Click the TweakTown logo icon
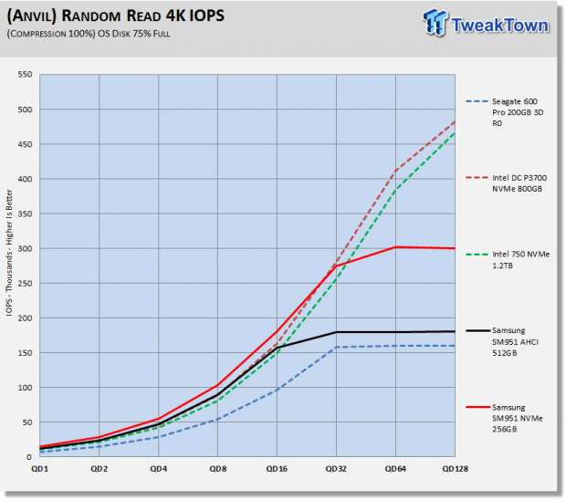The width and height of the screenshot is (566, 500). pos(435,23)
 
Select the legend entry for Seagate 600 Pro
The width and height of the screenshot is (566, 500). pos(505,112)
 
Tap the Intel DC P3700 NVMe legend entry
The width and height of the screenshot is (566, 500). pos(507,183)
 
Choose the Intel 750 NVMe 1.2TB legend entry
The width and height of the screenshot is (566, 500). pos(508,260)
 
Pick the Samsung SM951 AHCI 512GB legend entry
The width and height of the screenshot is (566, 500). pos(502,341)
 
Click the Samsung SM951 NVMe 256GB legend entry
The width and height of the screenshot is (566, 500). pos(504,418)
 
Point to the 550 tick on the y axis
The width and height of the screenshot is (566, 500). pos(25,74)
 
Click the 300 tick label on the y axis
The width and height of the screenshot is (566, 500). pos(25,248)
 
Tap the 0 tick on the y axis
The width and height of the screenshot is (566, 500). pos(29,457)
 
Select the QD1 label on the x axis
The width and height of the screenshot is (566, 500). pos(39,469)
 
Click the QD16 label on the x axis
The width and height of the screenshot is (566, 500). pos(277,469)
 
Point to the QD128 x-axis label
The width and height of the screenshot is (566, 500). pos(456,469)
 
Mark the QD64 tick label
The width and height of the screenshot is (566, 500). pos(395,469)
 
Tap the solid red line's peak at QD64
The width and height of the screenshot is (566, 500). pos(395,247)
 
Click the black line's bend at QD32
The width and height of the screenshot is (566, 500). pos(337,332)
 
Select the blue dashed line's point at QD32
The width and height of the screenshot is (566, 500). pos(337,348)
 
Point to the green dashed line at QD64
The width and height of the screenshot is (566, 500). pos(395,190)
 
